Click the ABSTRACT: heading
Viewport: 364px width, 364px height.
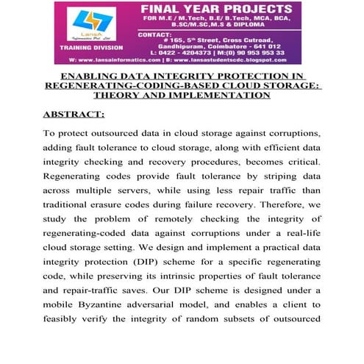74,115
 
